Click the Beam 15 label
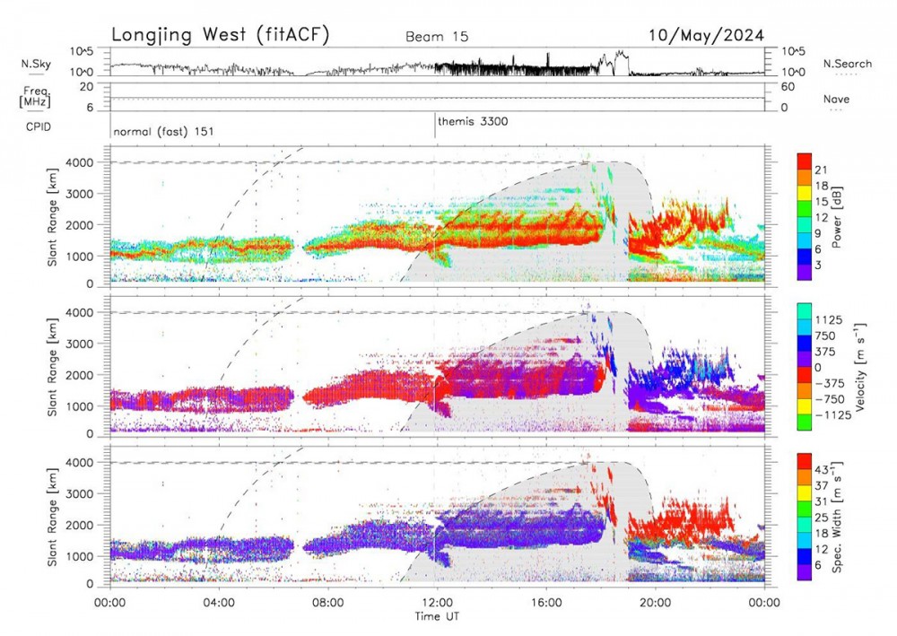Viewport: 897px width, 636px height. click(x=437, y=37)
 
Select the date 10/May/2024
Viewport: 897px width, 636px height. click(x=707, y=35)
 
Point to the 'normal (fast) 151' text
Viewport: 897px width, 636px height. click(x=163, y=132)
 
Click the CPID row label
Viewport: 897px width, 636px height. click(x=37, y=126)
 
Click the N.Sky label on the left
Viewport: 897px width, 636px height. click(x=36, y=64)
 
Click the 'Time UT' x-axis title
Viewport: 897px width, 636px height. click(x=437, y=617)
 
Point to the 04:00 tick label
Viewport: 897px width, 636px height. click(x=219, y=604)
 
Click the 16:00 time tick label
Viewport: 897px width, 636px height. click(x=546, y=604)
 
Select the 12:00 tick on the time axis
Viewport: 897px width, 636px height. click(x=437, y=604)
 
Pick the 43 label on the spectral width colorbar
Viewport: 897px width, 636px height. click(x=823, y=469)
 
